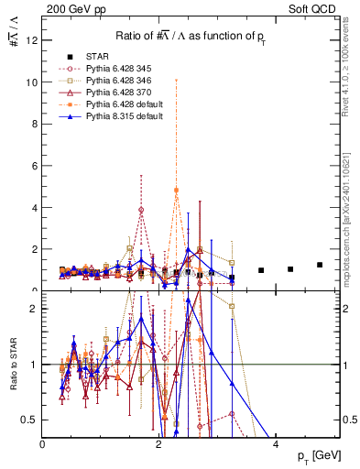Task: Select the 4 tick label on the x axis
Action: (277, 444)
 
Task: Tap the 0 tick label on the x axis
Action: (42, 444)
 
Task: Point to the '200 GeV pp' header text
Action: (68, 8)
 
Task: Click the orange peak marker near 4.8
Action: (177, 191)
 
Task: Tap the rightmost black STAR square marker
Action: (320, 265)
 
